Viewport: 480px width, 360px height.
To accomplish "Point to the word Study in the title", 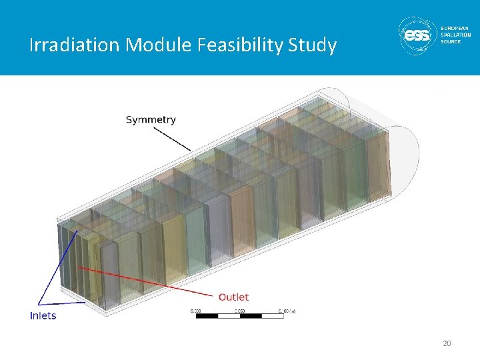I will click(313, 45).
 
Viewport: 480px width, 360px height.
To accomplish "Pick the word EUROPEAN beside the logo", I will click(455, 28).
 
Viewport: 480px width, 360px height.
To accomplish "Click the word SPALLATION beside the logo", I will click(456, 35).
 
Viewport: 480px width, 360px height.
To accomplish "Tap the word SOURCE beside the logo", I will click(451, 41).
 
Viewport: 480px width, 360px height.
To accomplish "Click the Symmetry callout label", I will click(151, 120).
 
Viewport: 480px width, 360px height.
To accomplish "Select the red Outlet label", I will click(233, 297).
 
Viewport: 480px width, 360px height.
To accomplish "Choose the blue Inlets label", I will click(43, 315).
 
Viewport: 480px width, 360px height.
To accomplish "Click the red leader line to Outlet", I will click(147, 280).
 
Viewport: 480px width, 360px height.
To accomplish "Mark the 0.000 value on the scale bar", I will click(195, 310).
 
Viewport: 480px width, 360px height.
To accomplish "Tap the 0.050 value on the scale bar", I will click(238, 310).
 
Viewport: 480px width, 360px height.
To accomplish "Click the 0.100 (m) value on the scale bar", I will click(287, 310).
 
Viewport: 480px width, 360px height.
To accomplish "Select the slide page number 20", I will click(447, 343).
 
